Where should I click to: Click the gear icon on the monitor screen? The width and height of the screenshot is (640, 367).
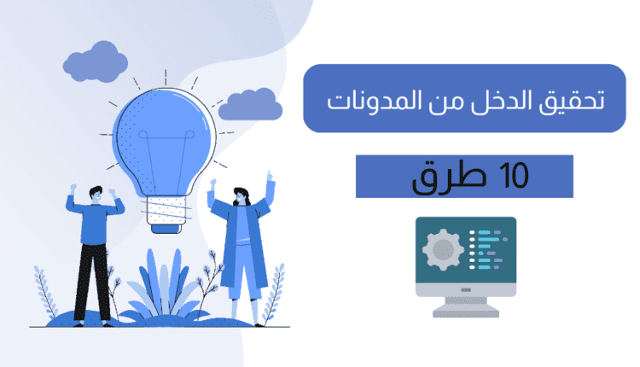[442, 250]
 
